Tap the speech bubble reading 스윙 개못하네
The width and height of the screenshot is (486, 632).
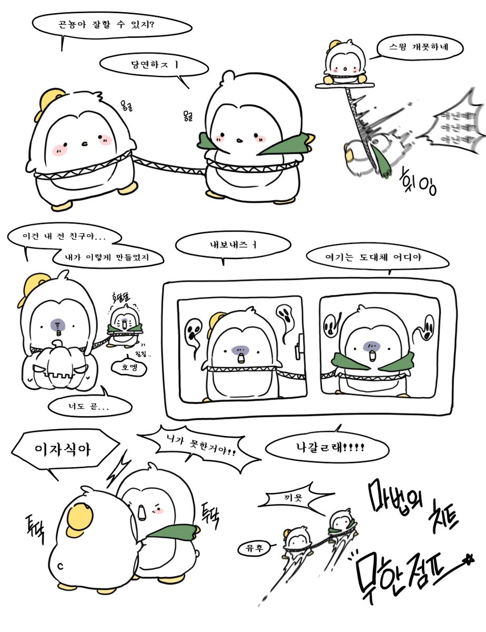[420, 50]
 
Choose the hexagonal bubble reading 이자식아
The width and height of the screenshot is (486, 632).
[63, 449]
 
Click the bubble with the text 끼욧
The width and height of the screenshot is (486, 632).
[296, 498]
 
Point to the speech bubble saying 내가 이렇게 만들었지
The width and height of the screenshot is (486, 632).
[107, 258]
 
